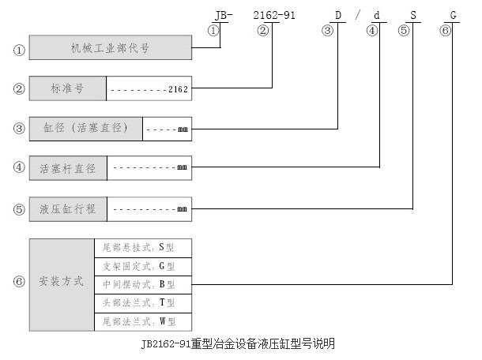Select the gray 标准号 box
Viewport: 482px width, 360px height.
[67, 89]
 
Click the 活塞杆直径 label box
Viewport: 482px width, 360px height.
[67, 168]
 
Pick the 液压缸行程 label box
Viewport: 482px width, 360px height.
[67, 208]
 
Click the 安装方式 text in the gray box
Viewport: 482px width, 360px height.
[62, 283]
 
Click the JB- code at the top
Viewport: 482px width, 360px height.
[224, 14]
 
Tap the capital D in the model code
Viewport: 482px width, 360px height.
[337, 14]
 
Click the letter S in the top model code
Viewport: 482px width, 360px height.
[412, 14]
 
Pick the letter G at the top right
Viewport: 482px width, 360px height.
[452, 14]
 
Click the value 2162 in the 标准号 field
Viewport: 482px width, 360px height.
[178, 90]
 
